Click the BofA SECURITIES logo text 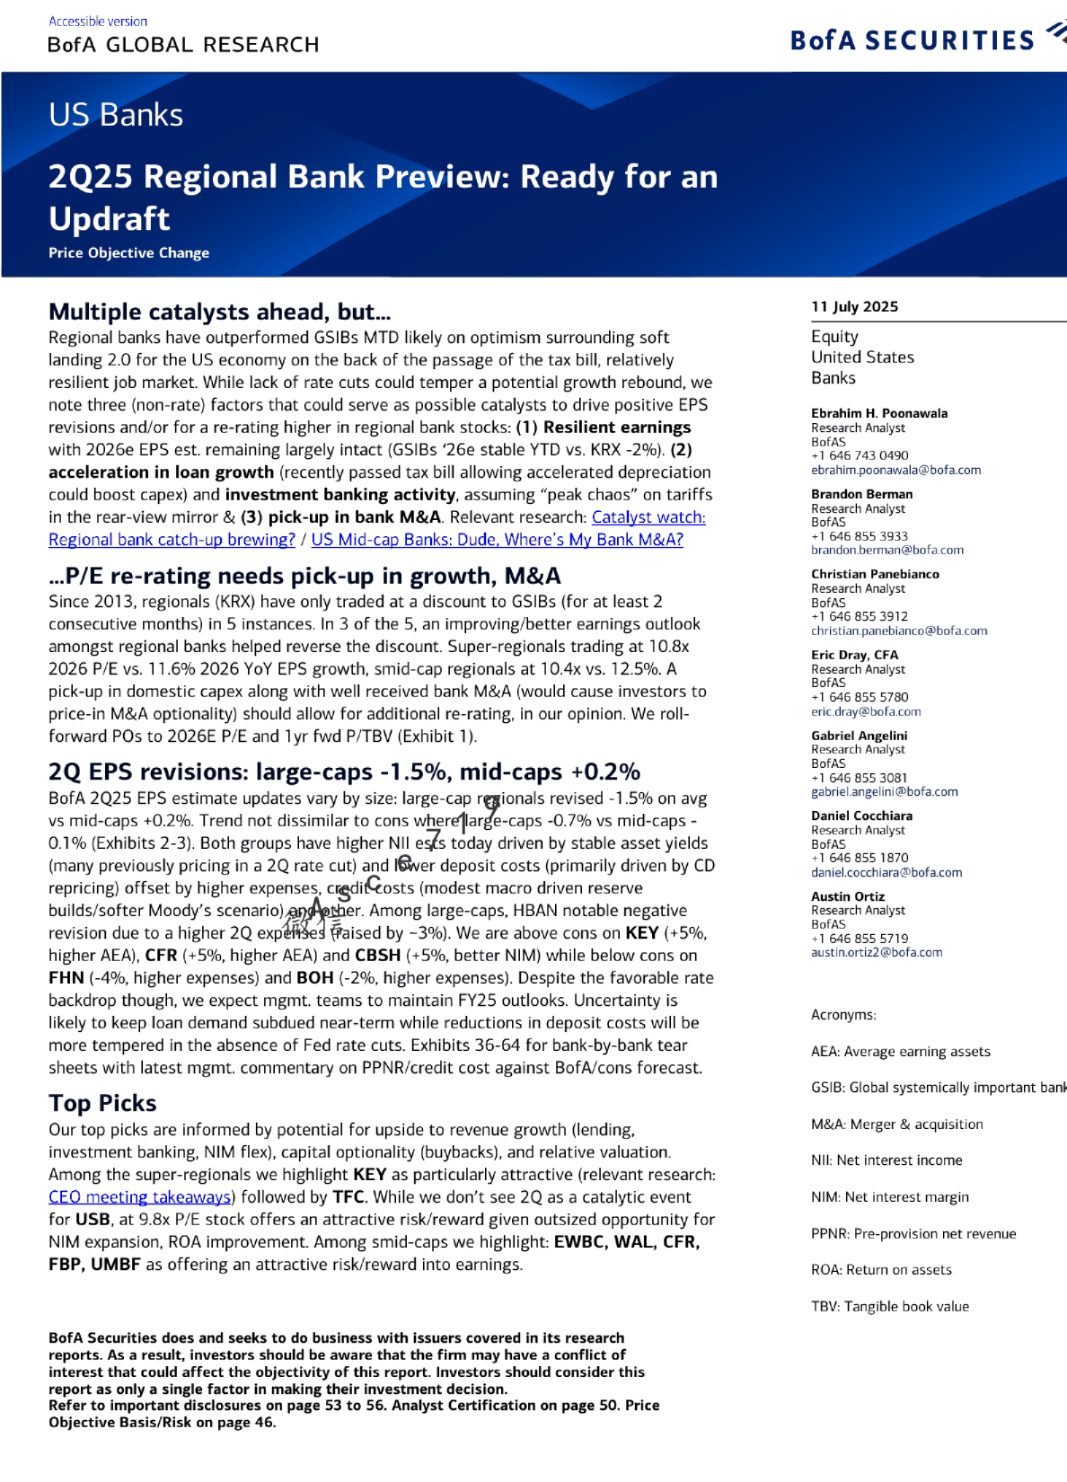912,40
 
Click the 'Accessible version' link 98,21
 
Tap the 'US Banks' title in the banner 116,115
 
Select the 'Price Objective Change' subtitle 128,253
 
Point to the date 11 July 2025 854,306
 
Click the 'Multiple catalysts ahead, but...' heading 219,312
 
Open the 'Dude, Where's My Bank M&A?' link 497,540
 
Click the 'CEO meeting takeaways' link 141,1197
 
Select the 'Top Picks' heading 102,1103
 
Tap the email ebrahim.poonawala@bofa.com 895,470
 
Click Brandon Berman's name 861,494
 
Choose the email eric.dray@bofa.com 866,711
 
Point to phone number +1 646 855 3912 860,616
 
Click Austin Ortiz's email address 877,952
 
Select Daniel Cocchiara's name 861,816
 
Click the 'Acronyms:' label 843,1015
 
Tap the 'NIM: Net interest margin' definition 889,1196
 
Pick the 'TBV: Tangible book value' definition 889,1306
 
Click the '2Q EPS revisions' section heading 344,772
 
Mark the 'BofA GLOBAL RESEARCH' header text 183,45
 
